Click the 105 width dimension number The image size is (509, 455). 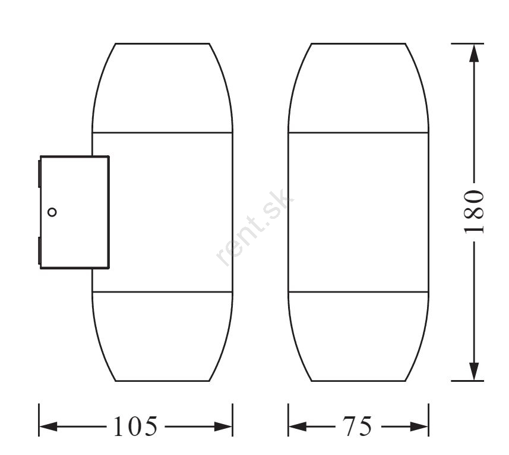135,426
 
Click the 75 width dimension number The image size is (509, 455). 357,426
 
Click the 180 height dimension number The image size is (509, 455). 475,212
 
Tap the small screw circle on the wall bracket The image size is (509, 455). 52,212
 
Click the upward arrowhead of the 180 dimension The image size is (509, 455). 475,53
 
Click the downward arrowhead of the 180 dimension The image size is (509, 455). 475,371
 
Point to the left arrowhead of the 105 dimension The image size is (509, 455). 48,426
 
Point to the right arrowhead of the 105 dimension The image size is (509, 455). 223,426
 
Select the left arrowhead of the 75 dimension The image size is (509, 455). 298,426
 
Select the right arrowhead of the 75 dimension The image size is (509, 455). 419,426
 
